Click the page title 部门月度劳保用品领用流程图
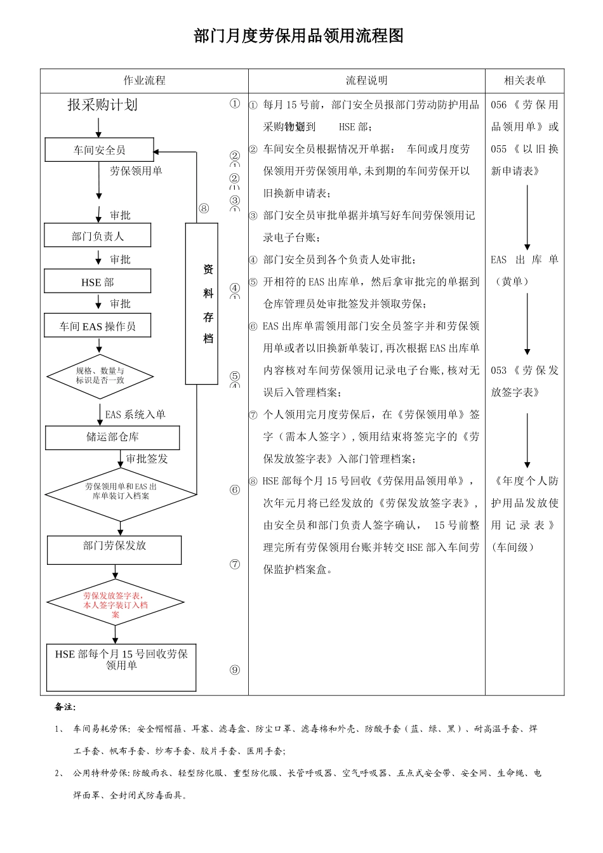point(298,36)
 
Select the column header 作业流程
point(144,81)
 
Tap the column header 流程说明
point(366,81)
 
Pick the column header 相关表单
point(524,81)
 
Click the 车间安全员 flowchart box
point(99,150)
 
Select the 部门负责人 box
point(97,235)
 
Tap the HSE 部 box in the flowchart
point(97,281)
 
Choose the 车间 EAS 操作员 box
point(97,326)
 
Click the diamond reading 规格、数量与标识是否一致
point(100,376)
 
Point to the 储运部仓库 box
point(112,437)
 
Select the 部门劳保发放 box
point(114,550)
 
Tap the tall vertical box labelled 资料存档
point(201,303)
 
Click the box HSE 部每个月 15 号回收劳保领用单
point(121,667)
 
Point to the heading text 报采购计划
point(102,105)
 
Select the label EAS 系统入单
point(135,415)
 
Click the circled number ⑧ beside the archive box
point(204,208)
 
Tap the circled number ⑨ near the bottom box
point(235,670)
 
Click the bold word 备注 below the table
point(65,707)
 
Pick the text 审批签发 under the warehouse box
point(147,459)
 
